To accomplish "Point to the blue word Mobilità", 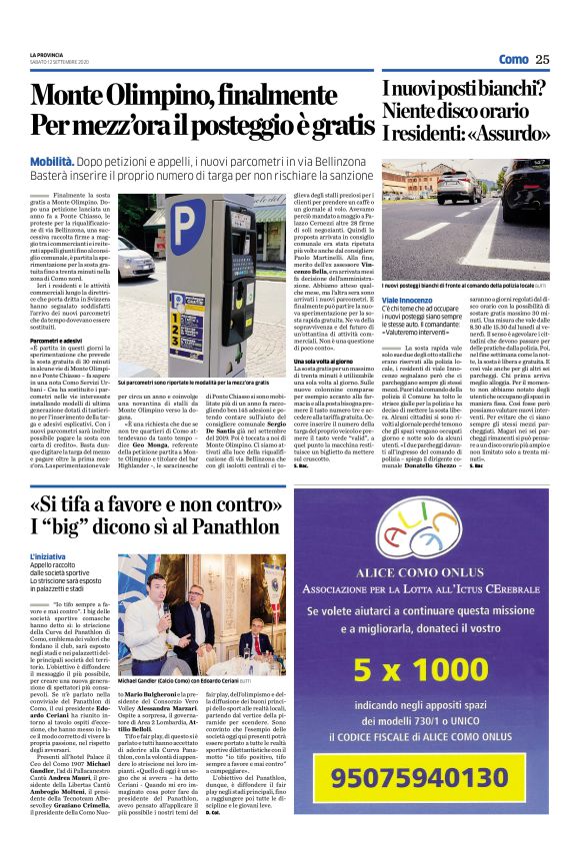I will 51,159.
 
